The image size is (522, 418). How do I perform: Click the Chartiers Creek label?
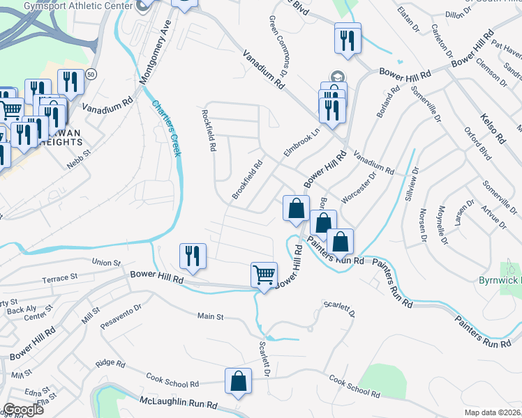tap(167, 130)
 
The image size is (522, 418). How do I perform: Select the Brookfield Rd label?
tap(247, 180)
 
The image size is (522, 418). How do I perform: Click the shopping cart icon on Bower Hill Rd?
tap(264, 274)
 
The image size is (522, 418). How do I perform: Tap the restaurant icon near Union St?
tap(192, 256)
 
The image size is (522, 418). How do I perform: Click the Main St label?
tap(209, 317)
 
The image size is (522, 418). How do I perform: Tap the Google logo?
tap(23, 410)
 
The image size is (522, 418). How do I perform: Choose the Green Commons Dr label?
tap(278, 46)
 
